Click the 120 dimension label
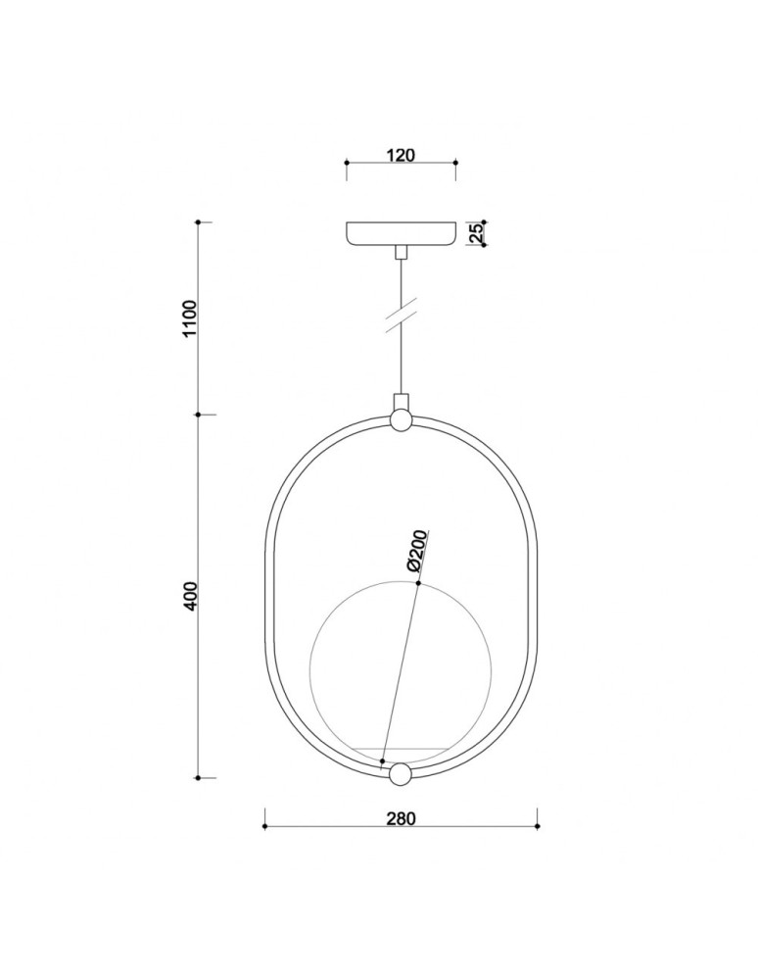[x=401, y=154]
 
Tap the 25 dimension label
[x=475, y=233]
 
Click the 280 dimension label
[x=402, y=818]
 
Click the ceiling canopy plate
[x=401, y=234]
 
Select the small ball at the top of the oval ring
[x=401, y=421]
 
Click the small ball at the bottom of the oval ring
[x=401, y=775]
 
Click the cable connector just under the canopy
[x=401, y=253]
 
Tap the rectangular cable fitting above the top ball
[x=401, y=402]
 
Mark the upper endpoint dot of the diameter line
[x=418, y=584]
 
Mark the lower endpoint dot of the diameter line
[x=383, y=761]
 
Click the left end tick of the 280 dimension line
[x=265, y=826]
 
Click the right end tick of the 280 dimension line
[x=537, y=826]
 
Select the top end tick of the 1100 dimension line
[x=199, y=223]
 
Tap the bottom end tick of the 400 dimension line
[x=199, y=777]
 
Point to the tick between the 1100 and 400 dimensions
[x=199, y=415]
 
